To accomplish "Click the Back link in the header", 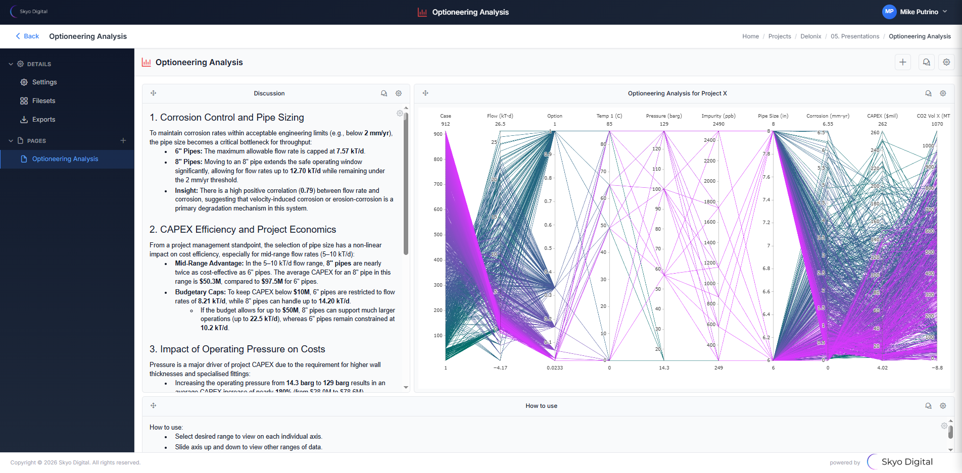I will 27,36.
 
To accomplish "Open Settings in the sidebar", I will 44,82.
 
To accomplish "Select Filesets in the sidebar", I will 43,101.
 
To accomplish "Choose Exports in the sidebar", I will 43,120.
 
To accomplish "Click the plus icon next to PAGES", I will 123,140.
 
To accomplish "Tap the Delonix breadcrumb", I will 810,36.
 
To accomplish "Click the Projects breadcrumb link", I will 779,36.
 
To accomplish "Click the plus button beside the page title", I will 902,62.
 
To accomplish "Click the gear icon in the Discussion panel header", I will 399,93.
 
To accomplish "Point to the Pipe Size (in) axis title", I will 773,116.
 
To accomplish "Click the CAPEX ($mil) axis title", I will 882,116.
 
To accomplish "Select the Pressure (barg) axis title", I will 663,116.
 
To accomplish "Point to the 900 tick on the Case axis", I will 438,134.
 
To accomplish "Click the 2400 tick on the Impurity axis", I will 709,140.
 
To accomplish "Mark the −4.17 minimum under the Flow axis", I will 500,368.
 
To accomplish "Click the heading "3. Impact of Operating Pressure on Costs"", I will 237,349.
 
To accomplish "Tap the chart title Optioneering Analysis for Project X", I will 677,93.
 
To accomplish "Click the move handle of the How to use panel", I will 154,406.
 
